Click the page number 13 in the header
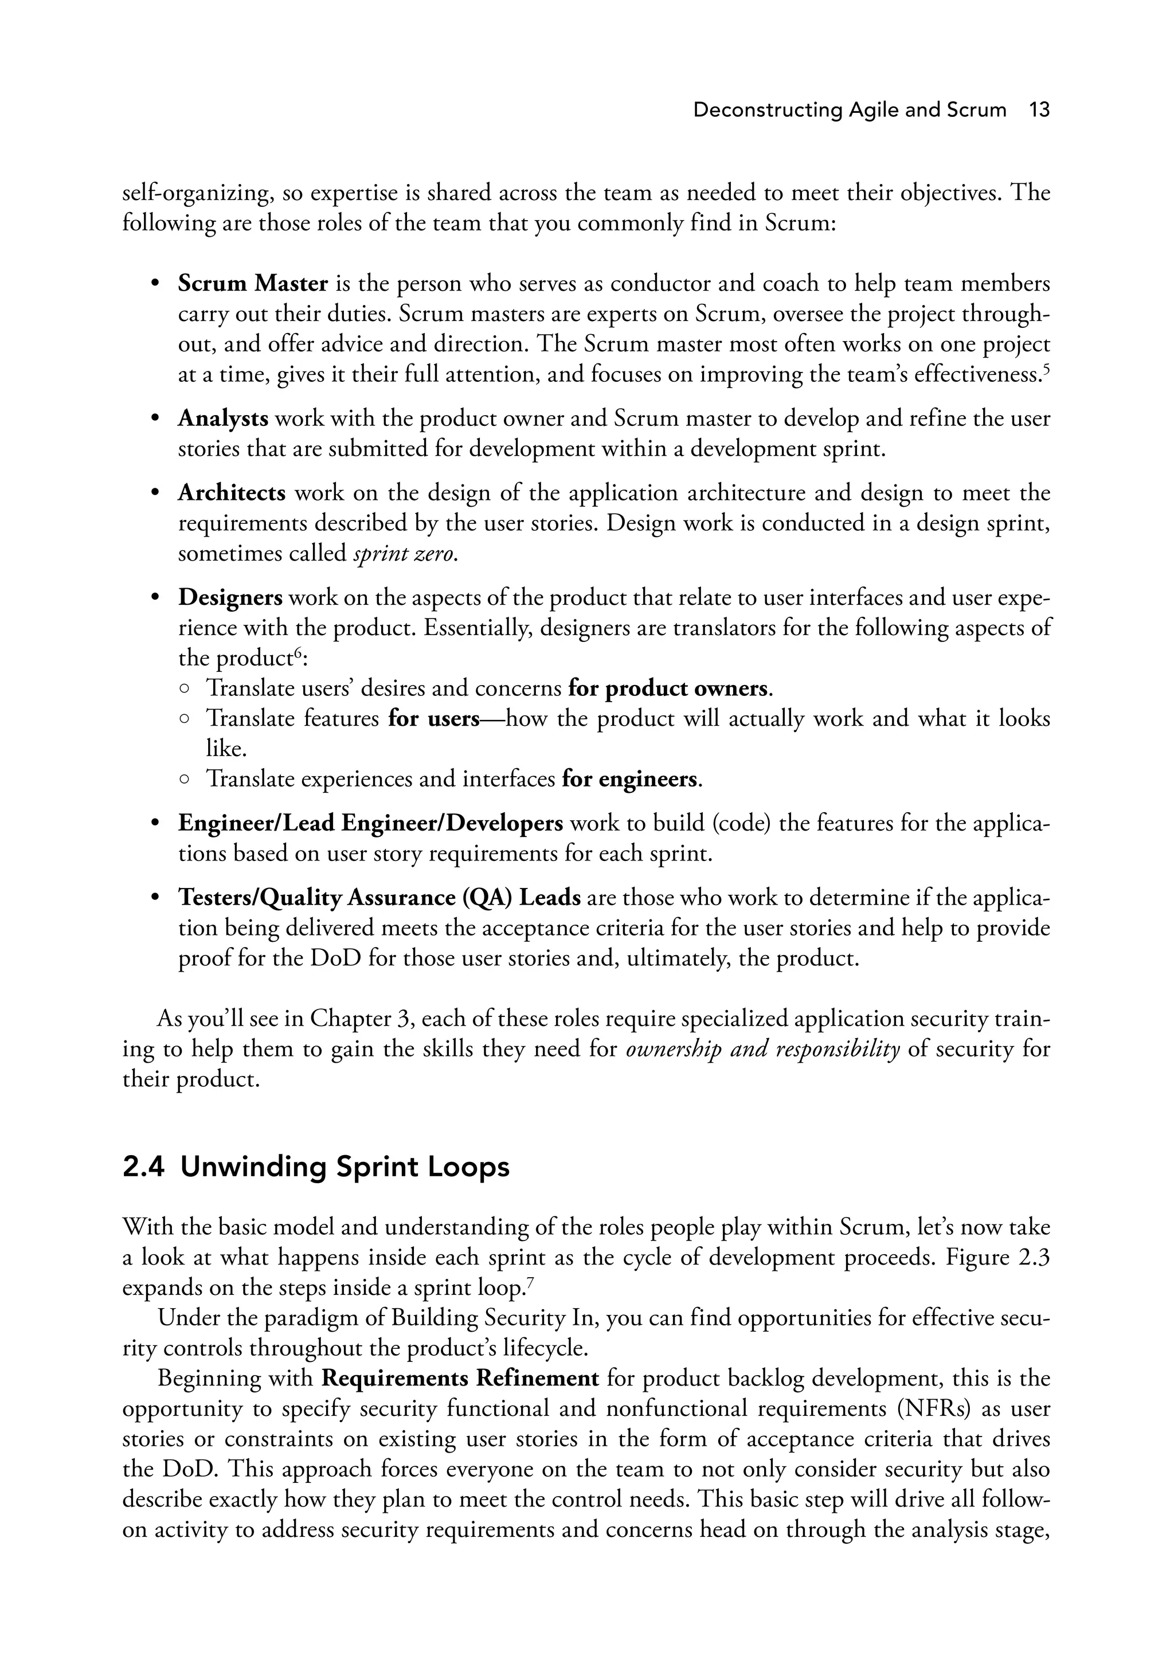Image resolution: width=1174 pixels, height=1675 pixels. pyautogui.click(x=1039, y=110)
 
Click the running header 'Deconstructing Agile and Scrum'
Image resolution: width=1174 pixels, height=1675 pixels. pyautogui.click(x=850, y=110)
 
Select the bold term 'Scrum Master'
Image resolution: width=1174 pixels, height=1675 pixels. pyautogui.click(x=252, y=284)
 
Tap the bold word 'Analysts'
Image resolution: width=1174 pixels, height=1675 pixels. pyautogui.click(x=223, y=418)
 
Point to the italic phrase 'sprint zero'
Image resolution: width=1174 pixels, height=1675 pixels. pyautogui.click(x=404, y=554)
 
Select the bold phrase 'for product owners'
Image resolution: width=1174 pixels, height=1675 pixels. pyautogui.click(x=668, y=688)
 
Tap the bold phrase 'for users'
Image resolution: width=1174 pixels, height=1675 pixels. pyautogui.click(x=433, y=719)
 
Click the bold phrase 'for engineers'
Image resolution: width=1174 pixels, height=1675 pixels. pyautogui.click(x=629, y=780)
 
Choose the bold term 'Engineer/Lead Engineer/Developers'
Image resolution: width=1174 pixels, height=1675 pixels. pyautogui.click(x=371, y=824)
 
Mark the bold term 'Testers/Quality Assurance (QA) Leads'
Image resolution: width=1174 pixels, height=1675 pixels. pyautogui.click(x=379, y=898)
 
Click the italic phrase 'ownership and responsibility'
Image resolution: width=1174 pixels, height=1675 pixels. pyautogui.click(x=762, y=1050)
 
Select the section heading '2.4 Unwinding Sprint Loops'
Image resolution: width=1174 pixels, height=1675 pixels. pyautogui.click(x=316, y=1167)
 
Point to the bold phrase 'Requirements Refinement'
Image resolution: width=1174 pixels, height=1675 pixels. pyautogui.click(x=460, y=1379)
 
